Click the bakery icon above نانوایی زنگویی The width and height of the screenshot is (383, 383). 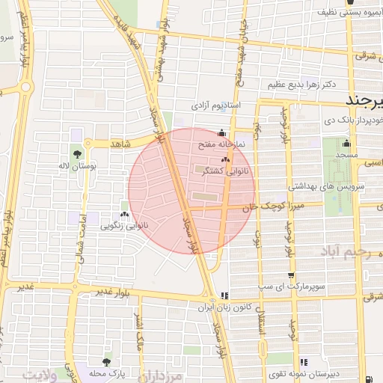tap(124, 214)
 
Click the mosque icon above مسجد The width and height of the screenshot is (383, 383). tap(346, 144)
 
